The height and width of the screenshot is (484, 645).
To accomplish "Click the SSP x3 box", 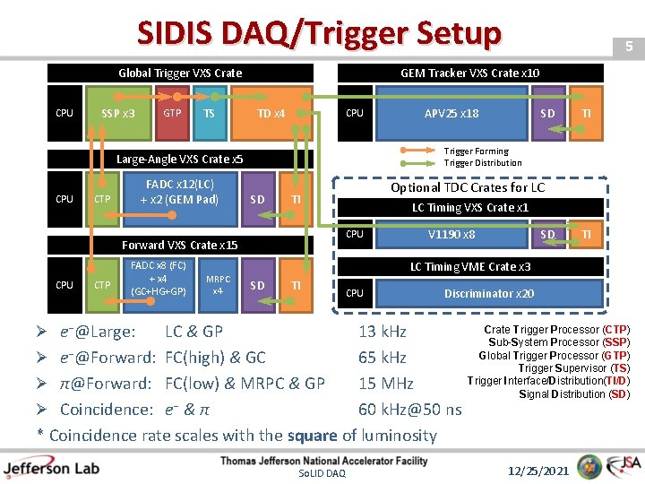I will (x=117, y=114).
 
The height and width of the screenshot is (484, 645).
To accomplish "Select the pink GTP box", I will (x=172, y=114).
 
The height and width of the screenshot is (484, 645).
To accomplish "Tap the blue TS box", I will (x=209, y=114).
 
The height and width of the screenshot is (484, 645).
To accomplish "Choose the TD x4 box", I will (x=271, y=114).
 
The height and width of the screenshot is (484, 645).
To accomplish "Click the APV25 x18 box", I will (x=451, y=114).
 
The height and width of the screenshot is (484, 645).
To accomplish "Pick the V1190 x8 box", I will (x=451, y=235).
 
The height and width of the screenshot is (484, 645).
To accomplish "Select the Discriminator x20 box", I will (x=488, y=293).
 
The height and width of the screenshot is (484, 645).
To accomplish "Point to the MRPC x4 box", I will (x=218, y=285).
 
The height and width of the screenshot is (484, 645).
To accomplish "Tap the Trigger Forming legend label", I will (x=476, y=151).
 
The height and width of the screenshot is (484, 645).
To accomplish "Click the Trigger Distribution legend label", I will (x=482, y=163).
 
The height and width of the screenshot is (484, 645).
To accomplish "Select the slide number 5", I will (x=629, y=46).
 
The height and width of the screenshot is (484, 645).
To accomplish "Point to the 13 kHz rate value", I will (x=382, y=332).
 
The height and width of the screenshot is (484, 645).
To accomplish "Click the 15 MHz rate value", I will (x=385, y=384).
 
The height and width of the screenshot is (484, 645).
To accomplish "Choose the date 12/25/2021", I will (x=538, y=470).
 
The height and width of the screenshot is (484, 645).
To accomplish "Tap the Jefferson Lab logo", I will (x=52, y=468).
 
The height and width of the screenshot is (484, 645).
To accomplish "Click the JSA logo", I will (x=623, y=467).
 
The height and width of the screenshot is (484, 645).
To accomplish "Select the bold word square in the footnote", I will (x=313, y=436).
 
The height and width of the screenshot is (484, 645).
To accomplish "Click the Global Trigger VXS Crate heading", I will (x=180, y=73).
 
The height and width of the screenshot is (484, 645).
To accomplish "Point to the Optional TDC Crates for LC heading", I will (x=468, y=187).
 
